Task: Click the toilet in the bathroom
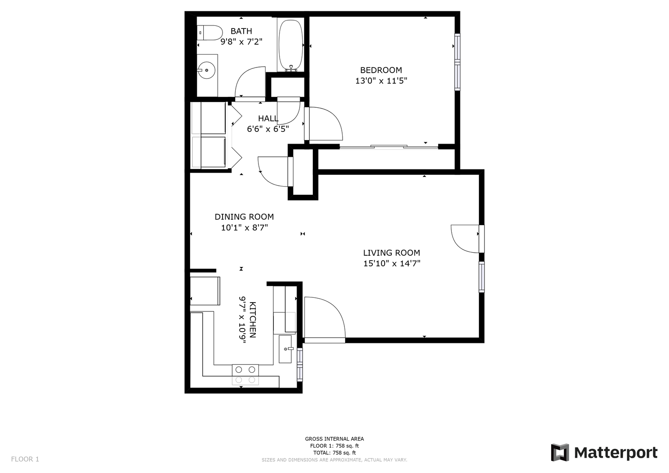(210, 33)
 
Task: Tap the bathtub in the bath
(290, 46)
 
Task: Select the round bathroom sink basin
(206, 70)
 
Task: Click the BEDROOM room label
(381, 70)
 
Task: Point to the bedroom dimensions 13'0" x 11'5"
(381, 81)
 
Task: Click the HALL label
(268, 119)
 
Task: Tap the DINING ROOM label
(244, 217)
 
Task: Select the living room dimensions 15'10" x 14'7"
(392, 264)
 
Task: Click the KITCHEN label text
(253, 320)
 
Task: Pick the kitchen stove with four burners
(245, 374)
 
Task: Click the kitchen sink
(285, 349)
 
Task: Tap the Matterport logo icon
(560, 452)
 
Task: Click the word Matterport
(616, 453)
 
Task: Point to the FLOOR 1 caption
(25, 459)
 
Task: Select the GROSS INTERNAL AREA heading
(334, 439)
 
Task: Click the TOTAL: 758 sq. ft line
(334, 453)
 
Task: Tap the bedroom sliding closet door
(389, 147)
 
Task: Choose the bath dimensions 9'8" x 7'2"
(241, 42)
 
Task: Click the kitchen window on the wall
(300, 364)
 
